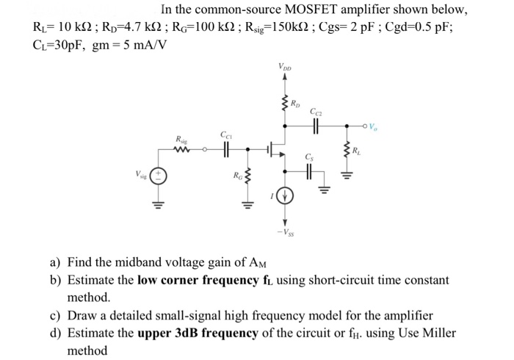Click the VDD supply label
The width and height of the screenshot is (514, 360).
(x=284, y=68)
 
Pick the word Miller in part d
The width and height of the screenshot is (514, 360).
(x=438, y=333)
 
